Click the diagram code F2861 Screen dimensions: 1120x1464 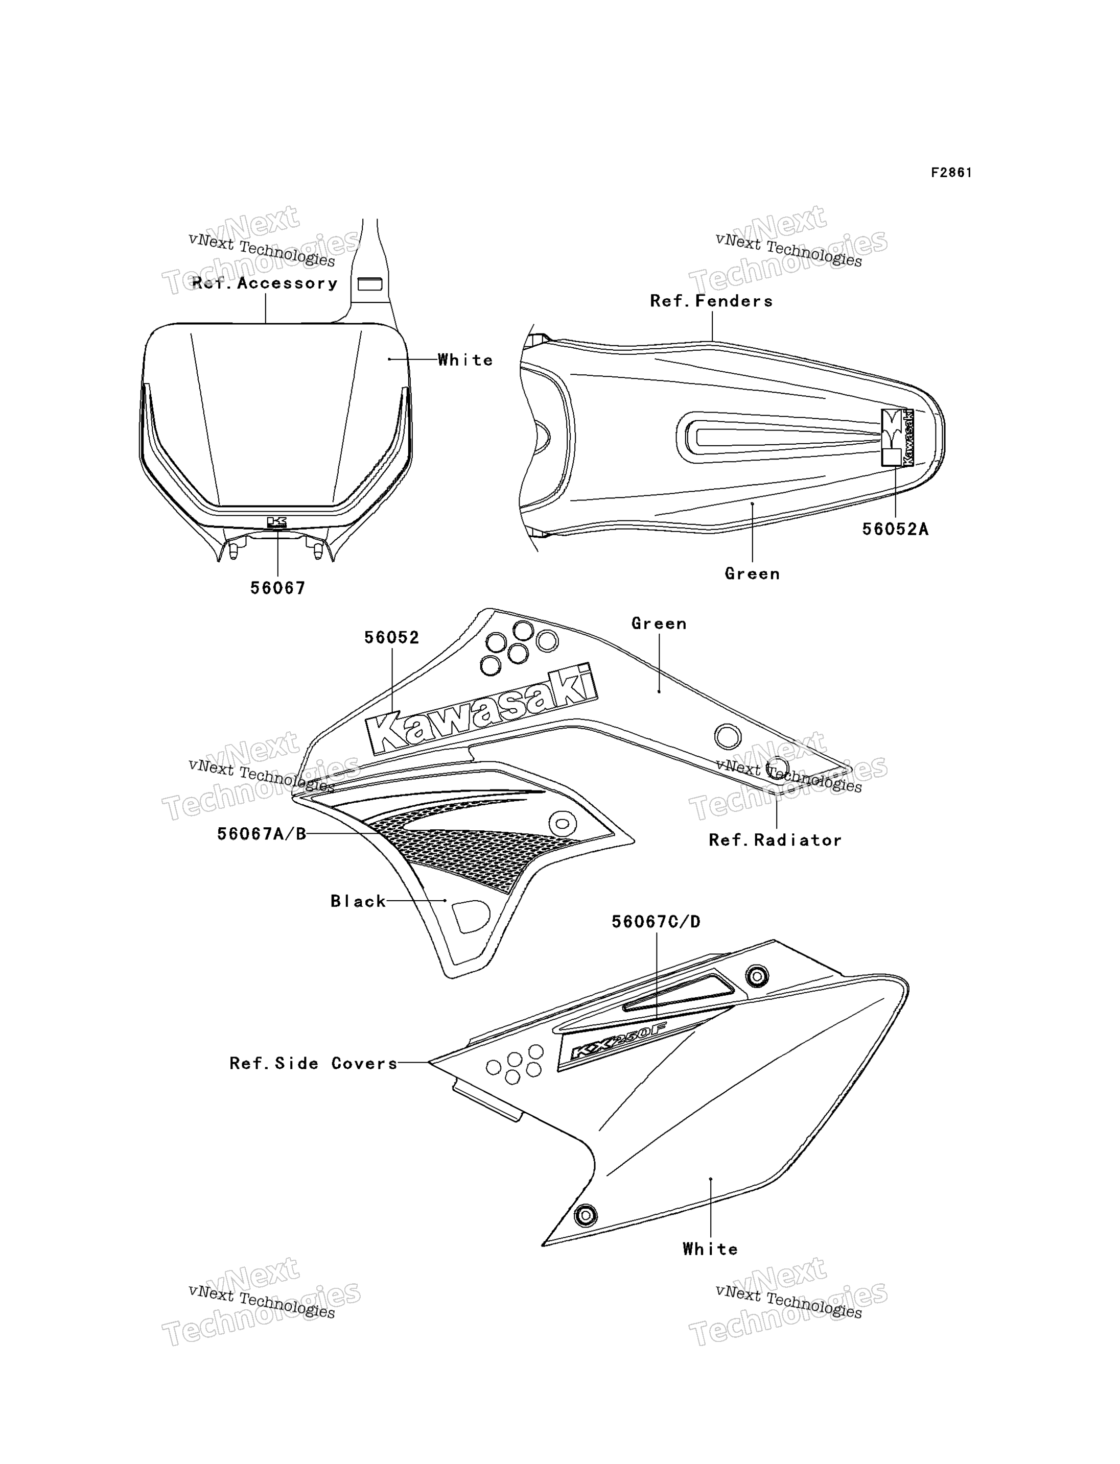pyautogui.click(x=951, y=173)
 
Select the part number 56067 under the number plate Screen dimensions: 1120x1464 pyautogui.click(x=277, y=588)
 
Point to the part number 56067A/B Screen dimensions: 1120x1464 pyautogui.click(x=261, y=834)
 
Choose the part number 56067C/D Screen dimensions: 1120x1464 pyautogui.click(x=656, y=922)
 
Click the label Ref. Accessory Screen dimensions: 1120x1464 pyautogui.click(x=265, y=283)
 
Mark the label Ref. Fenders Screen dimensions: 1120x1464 pyautogui.click(x=711, y=301)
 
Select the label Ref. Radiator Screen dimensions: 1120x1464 pyautogui.click(x=775, y=841)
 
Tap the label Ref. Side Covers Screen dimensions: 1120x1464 pyautogui.click(x=313, y=1064)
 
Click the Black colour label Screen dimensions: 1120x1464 pyautogui.click(x=358, y=902)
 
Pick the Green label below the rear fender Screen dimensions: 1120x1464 pyautogui.click(x=752, y=574)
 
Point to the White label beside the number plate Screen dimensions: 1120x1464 pyautogui.click(x=465, y=360)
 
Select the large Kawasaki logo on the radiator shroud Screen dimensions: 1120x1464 pyautogui.click(x=481, y=709)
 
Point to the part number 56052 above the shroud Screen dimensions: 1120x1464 pyautogui.click(x=391, y=638)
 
